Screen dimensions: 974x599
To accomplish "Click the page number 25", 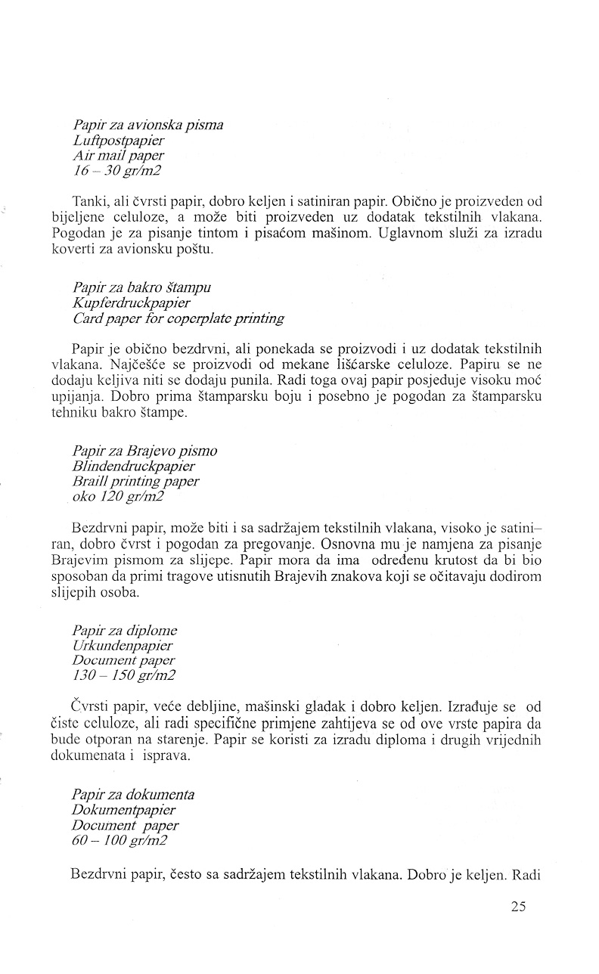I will tap(518, 907).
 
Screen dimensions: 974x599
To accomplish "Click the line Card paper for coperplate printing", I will tap(178, 318).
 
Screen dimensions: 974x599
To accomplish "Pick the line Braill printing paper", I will tap(135, 481).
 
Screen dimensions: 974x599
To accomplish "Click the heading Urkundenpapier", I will tap(123, 645).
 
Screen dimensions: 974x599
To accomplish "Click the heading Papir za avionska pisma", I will tap(148, 125).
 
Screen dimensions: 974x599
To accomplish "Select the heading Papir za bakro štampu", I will tap(142, 287).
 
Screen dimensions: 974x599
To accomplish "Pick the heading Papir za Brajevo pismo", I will tap(145, 451).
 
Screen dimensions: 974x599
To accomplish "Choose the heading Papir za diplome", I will tap(125, 630).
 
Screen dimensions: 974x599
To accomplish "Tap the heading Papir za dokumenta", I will tap(133, 794).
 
